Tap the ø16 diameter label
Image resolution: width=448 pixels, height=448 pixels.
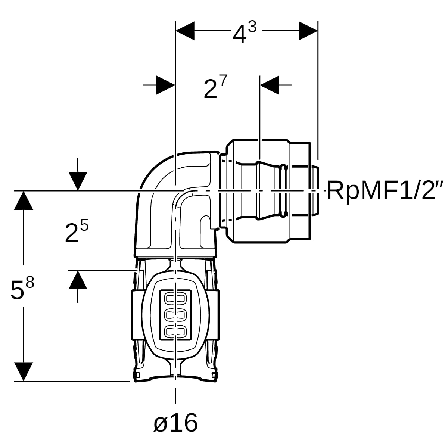(x=175, y=422)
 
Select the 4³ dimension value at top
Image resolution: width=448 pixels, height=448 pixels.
(x=245, y=32)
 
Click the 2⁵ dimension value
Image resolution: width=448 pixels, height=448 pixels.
(x=77, y=231)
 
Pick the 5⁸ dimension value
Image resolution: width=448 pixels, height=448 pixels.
(x=22, y=287)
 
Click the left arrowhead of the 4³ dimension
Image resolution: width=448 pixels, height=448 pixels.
(x=185, y=31)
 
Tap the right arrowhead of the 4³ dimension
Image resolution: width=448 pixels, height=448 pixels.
(x=308, y=31)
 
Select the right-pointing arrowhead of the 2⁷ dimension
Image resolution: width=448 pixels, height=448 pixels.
(x=166, y=85)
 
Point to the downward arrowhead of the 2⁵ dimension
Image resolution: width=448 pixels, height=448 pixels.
(x=78, y=181)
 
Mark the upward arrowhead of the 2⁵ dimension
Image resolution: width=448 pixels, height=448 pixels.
(x=78, y=280)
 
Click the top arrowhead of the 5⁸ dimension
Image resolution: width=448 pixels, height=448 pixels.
(x=24, y=200)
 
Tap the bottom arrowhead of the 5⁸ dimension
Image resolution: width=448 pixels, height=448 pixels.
(x=24, y=371)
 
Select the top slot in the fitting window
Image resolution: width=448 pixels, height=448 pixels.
(x=175, y=299)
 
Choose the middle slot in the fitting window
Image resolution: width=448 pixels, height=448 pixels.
(x=175, y=315)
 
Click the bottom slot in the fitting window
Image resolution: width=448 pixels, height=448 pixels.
(x=175, y=331)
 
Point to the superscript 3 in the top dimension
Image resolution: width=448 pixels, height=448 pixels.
(x=252, y=27)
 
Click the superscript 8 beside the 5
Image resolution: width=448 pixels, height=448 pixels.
(x=30, y=282)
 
